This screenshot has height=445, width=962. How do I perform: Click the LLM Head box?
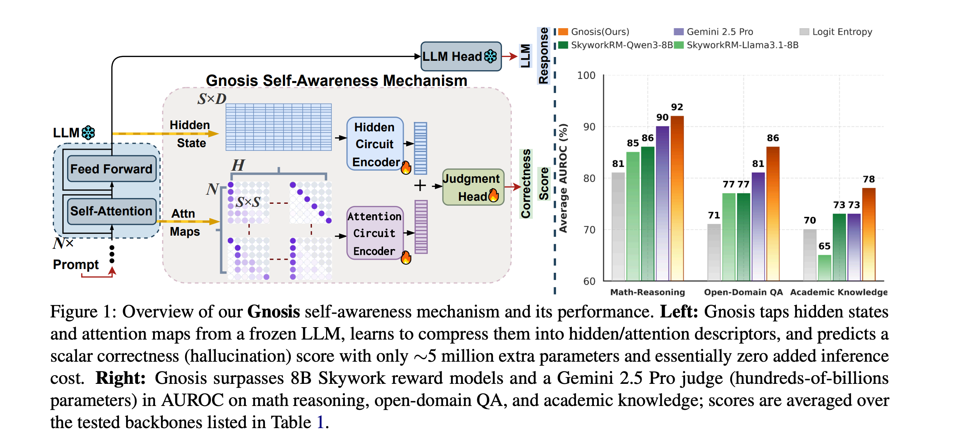[461, 56]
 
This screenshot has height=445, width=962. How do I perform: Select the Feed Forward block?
[111, 169]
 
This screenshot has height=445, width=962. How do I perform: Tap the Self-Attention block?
[111, 211]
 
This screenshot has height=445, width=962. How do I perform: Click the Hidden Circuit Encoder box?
[375, 144]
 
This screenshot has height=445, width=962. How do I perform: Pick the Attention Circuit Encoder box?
[375, 233]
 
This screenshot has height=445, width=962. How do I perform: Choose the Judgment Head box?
[472, 187]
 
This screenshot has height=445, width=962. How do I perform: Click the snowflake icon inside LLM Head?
[490, 56]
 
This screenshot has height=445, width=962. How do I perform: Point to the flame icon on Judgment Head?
[493, 195]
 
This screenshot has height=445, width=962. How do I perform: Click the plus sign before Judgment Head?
[420, 185]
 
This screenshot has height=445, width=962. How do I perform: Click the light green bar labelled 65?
[824, 268]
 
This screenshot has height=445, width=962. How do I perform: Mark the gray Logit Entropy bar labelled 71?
[714, 252]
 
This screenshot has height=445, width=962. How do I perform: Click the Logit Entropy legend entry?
[836, 32]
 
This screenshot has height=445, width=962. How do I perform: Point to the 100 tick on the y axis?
[586, 75]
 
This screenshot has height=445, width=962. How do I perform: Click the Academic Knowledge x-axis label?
[839, 292]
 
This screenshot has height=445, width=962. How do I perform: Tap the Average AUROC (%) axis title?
[563, 178]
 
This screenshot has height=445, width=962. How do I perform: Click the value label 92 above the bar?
[677, 107]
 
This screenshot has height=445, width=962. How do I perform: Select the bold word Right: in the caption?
[120, 378]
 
